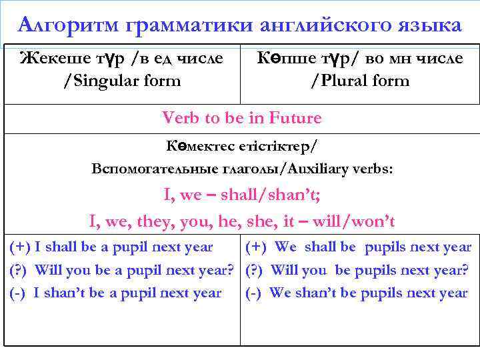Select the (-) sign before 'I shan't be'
(x=19, y=293)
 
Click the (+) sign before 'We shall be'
(x=257, y=247)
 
